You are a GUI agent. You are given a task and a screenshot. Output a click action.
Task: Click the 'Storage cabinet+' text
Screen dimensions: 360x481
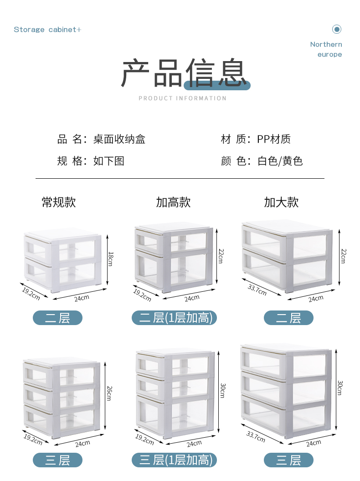tap(47, 30)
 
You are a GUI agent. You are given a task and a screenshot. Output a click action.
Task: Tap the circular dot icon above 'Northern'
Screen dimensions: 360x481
tap(337, 30)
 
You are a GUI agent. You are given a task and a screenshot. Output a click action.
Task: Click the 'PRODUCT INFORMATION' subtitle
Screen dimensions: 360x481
tap(182, 98)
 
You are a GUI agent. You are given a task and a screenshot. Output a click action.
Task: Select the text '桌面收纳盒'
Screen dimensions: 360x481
tap(119, 139)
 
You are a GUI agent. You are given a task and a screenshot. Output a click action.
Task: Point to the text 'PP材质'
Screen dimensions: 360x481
tap(273, 139)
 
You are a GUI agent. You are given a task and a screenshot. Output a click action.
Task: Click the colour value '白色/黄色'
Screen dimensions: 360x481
tap(280, 161)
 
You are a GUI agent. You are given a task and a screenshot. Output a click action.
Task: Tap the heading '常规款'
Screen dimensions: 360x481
tap(59, 202)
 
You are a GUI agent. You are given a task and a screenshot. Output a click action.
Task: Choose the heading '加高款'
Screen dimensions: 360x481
tap(173, 202)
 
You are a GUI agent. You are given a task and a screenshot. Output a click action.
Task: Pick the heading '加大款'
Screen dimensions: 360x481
tap(281, 202)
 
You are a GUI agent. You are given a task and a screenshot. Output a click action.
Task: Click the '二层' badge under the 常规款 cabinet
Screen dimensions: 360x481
tap(57, 318)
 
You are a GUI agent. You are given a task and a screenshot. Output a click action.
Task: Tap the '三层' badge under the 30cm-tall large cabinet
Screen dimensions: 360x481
tap(288, 460)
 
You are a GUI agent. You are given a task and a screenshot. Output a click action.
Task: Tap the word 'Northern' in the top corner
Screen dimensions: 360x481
tap(326, 44)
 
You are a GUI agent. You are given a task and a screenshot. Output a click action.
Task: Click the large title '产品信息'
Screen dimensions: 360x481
tap(184, 73)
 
